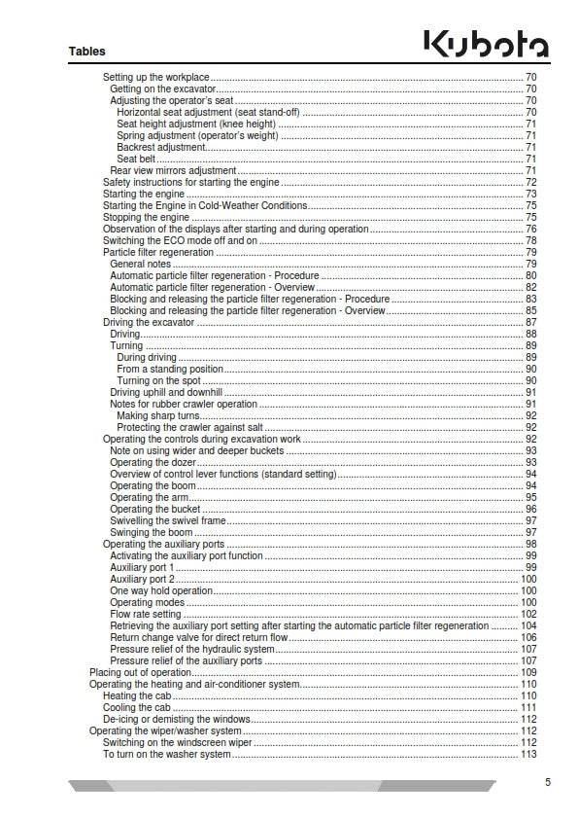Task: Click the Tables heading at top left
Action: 87,51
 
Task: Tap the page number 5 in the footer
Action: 547,781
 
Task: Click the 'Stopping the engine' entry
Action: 146,217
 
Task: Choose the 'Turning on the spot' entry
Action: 158,380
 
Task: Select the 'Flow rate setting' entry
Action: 146,614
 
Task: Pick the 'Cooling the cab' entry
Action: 135,707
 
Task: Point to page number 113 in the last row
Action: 528,754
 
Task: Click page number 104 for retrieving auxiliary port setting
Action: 528,625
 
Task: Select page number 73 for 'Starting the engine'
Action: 531,194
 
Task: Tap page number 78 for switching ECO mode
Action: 531,240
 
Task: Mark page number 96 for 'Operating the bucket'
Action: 531,509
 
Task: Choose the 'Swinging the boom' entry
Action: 151,532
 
